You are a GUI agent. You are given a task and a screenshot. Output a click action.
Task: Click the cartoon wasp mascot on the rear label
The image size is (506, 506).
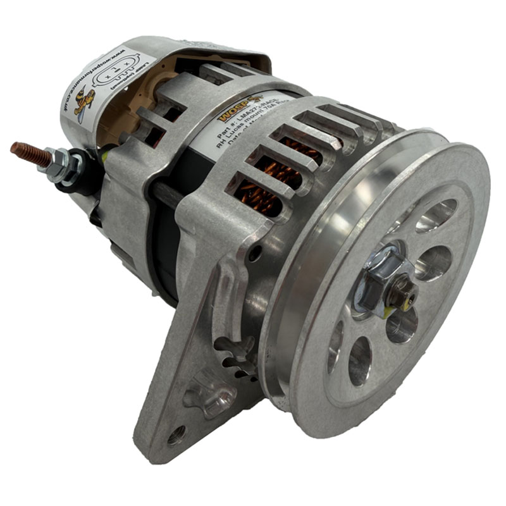83,102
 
